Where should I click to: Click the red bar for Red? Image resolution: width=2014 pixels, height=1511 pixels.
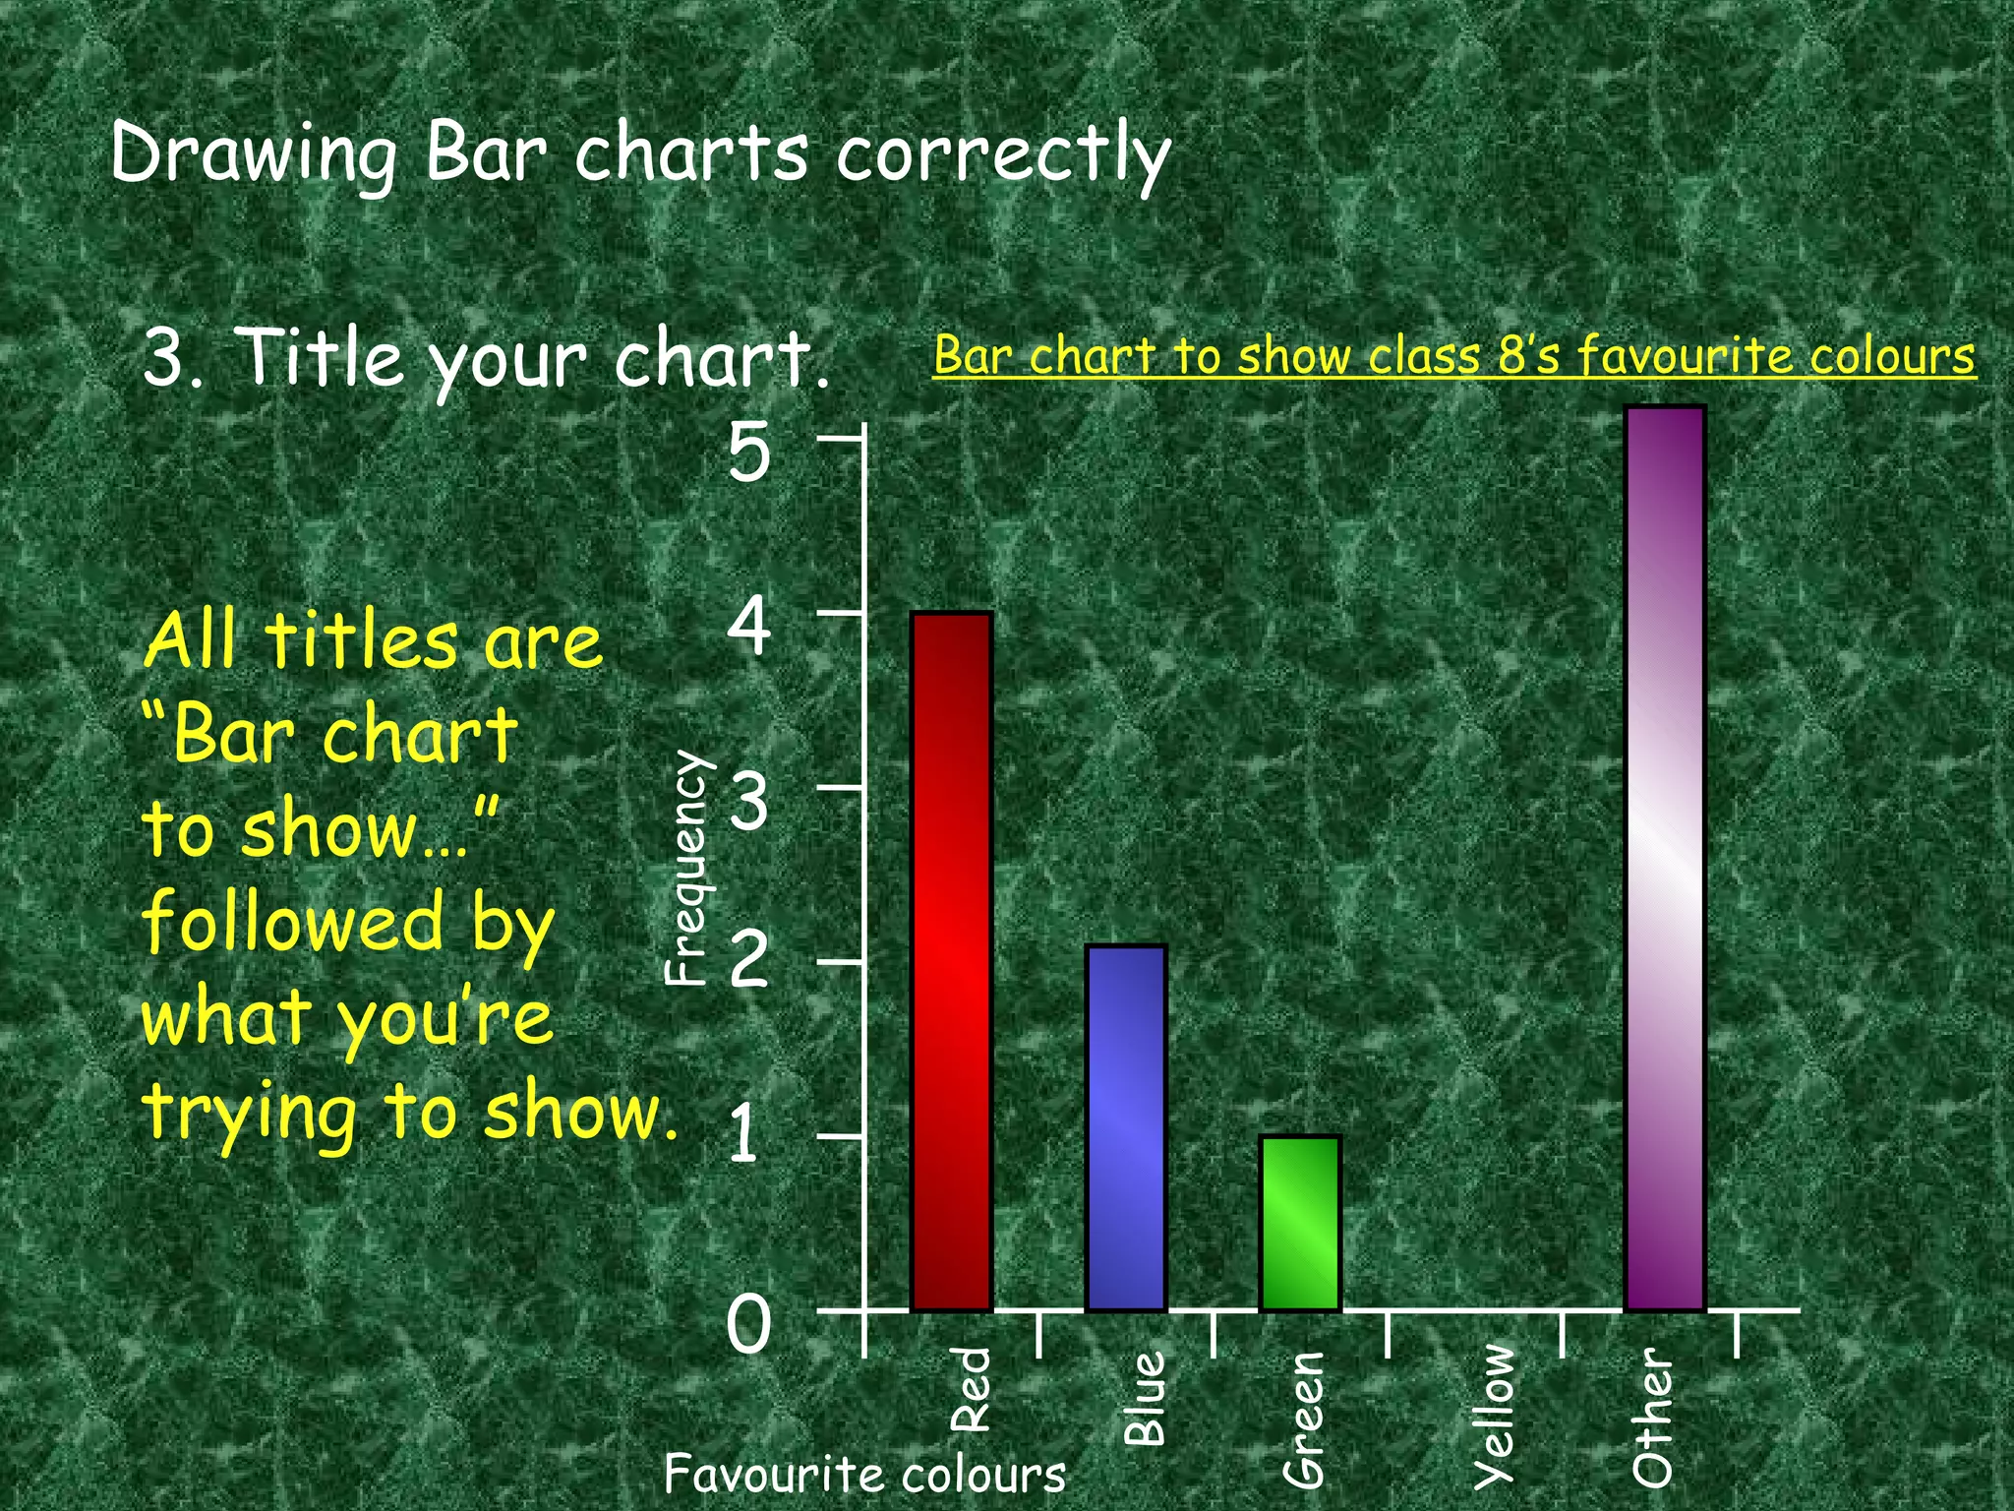[951, 961]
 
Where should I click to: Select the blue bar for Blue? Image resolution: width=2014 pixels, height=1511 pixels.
[1126, 1127]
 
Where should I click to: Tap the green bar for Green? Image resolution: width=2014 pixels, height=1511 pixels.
[1300, 1223]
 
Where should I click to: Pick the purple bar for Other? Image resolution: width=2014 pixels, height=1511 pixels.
[1664, 858]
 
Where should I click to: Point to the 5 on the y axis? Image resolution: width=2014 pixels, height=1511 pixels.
[749, 453]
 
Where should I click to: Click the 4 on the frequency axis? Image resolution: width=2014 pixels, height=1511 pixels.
[749, 627]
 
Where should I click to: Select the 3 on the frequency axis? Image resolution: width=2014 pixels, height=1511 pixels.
[749, 801]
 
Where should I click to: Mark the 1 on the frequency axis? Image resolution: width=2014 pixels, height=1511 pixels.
[744, 1133]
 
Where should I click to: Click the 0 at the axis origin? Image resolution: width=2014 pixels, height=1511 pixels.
[749, 1324]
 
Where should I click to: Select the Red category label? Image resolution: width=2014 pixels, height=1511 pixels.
[972, 1389]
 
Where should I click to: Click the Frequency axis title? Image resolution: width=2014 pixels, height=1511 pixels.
[686, 869]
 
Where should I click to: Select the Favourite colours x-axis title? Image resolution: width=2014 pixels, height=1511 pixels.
[864, 1474]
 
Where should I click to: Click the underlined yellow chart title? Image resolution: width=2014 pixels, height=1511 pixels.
[1453, 356]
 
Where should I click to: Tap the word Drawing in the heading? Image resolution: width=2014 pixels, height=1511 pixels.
[254, 155]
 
